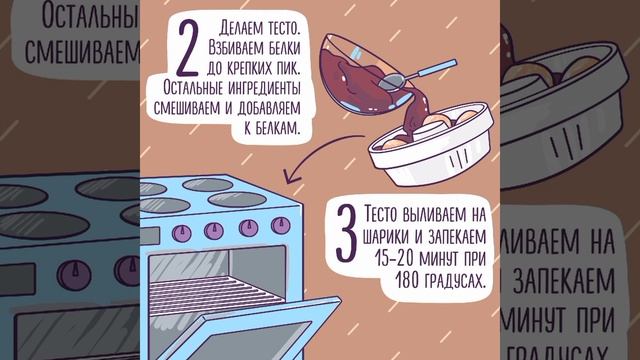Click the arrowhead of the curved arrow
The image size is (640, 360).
click(291, 179)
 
